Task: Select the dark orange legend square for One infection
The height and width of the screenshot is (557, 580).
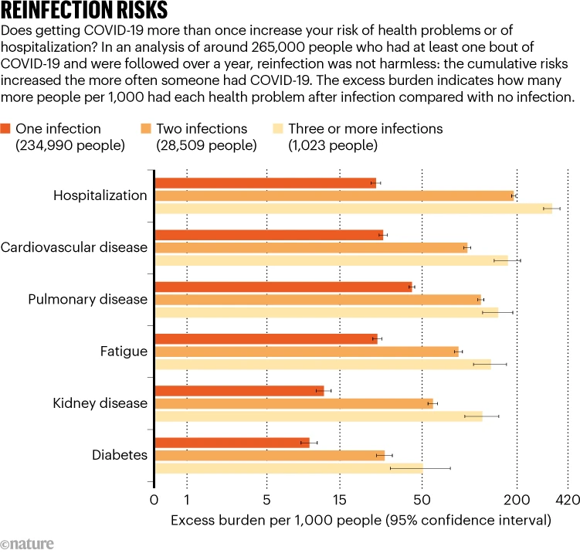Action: (x=5, y=129)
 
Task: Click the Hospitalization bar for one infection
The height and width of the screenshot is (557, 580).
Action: (x=265, y=183)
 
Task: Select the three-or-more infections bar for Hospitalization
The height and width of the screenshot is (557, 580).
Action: (x=353, y=209)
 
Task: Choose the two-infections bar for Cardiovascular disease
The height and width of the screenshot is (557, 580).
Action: (x=311, y=247)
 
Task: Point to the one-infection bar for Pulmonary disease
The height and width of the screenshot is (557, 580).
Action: (x=283, y=287)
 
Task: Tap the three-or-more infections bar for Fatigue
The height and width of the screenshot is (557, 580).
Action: (x=323, y=364)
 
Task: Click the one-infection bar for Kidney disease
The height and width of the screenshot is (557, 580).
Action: (x=239, y=390)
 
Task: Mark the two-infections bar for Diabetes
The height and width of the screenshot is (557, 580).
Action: (x=270, y=455)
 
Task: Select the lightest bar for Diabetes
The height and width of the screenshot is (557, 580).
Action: (x=289, y=468)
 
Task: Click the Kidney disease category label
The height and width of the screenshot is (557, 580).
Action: (x=100, y=403)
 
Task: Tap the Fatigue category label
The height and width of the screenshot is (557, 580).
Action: (x=124, y=352)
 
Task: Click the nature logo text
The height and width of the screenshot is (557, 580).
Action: (x=28, y=544)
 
